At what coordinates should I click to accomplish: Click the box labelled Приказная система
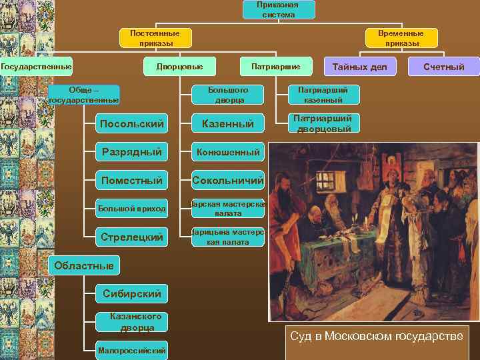(278, 9)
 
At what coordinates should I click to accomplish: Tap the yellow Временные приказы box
(402, 38)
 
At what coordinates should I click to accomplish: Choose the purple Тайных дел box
(359, 67)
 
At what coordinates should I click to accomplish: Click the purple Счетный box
(445, 67)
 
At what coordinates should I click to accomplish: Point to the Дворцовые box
(179, 66)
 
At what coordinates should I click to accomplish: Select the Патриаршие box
(275, 66)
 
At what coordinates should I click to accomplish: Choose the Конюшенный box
(227, 152)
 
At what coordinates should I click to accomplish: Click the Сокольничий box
(227, 180)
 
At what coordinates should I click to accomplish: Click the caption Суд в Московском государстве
(376, 336)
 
